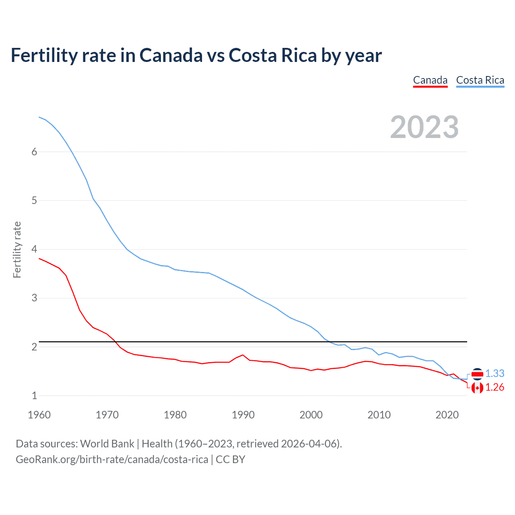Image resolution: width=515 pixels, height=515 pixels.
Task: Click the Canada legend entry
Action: [430, 80]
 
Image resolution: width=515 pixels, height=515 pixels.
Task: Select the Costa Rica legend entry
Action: [480, 80]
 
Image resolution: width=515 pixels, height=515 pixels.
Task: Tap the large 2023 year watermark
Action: [424, 127]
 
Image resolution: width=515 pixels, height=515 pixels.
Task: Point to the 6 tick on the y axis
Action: [34, 152]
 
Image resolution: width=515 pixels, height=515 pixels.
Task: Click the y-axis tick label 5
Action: [34, 200]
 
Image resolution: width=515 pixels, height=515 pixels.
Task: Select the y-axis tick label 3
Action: [34, 298]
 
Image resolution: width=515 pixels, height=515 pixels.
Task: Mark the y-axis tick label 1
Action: [34, 396]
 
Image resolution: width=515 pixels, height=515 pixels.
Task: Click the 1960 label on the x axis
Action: [39, 415]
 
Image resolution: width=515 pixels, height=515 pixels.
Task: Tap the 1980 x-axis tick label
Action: [175, 415]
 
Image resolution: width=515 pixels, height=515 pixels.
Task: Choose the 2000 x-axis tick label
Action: [311, 415]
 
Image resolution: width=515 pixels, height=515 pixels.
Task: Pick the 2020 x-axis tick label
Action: [447, 415]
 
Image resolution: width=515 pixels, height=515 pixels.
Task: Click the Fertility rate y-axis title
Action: [17, 249]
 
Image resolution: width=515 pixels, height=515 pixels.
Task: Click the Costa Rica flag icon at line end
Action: [477, 374]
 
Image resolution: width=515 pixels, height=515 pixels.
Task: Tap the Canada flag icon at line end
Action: [477, 388]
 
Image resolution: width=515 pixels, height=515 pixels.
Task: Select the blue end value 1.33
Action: [494, 374]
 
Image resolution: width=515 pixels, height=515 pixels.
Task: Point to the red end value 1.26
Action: [494, 387]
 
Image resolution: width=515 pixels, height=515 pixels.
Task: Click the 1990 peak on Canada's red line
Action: [243, 355]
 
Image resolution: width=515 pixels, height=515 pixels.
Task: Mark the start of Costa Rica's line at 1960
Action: [39, 117]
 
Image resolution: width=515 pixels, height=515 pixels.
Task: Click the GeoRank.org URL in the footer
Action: [112, 459]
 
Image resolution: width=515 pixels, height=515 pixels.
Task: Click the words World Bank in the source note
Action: [107, 444]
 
